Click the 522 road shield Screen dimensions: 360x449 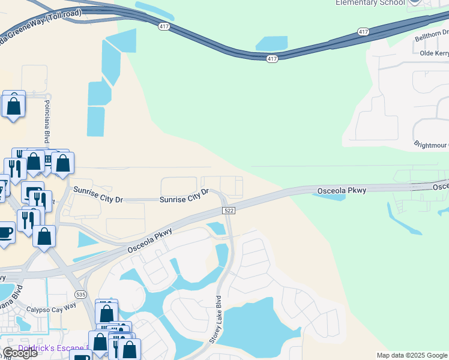(x=228, y=211)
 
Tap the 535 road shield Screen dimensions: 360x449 (x=80, y=295)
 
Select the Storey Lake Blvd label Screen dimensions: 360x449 (x=215, y=319)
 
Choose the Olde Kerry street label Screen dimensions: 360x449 (x=434, y=54)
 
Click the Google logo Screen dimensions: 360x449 (x=20, y=352)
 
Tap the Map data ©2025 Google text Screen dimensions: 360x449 (x=412, y=355)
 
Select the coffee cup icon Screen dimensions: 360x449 (x=5, y=232)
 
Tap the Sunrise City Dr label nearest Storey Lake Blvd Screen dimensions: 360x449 (x=184, y=197)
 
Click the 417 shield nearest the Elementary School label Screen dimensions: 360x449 (x=363, y=31)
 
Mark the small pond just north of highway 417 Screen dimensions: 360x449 (x=272, y=43)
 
